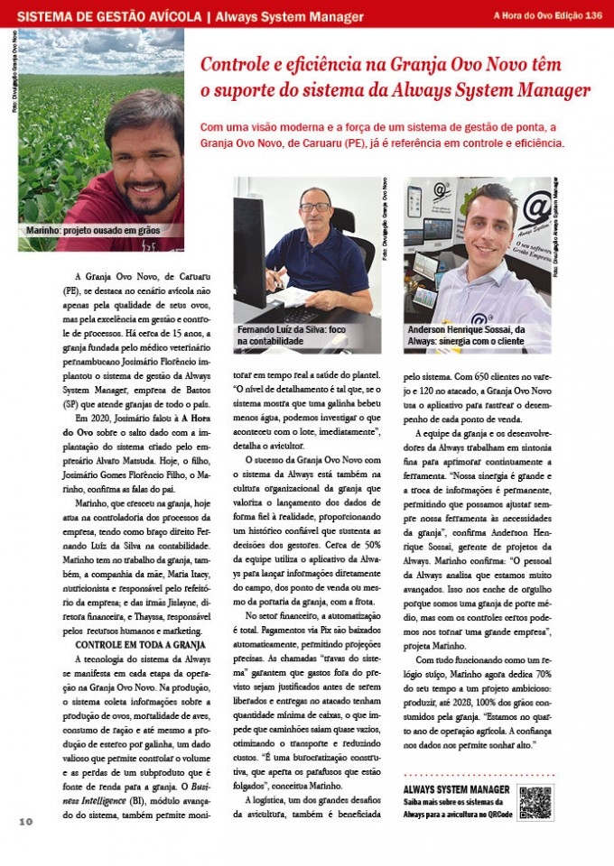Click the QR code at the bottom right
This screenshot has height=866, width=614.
(535, 802)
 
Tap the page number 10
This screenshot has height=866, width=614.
(24, 821)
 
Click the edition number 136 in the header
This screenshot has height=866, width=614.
(593, 15)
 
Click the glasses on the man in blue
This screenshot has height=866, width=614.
(314, 207)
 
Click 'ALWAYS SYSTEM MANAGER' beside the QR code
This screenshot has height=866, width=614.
(456, 790)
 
